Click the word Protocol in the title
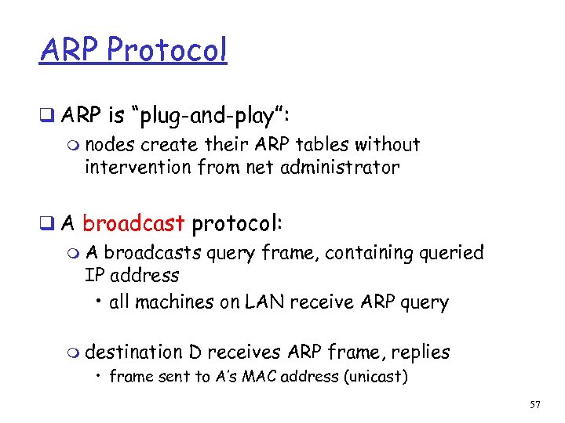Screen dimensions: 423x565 [166, 50]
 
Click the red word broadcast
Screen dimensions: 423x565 [133, 223]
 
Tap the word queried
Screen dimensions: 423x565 [457, 253]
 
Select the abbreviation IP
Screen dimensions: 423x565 [95, 276]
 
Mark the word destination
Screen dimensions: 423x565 [132, 352]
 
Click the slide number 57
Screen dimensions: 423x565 [534, 405]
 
